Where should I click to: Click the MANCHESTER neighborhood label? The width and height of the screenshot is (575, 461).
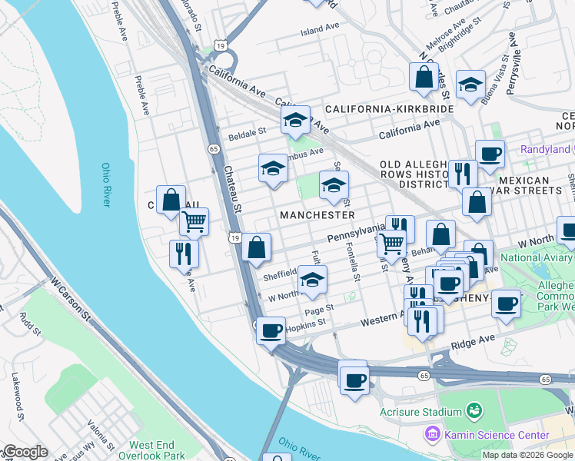(x=317, y=215)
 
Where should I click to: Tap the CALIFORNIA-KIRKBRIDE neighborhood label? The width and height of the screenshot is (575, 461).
(x=389, y=110)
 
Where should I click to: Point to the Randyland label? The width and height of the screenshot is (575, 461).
(x=545, y=149)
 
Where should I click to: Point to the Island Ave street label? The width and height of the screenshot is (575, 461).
(x=320, y=29)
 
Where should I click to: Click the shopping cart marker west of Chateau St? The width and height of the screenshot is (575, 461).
(x=194, y=221)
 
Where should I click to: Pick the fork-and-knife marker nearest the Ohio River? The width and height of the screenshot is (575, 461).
(x=184, y=254)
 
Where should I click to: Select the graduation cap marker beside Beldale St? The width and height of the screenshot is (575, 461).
(x=295, y=120)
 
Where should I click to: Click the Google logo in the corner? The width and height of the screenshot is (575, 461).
(x=25, y=452)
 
